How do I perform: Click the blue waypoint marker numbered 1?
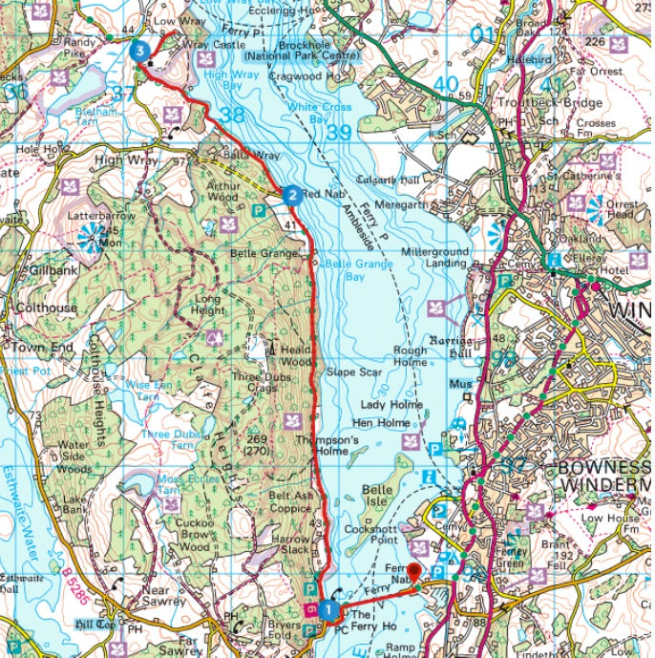(x=327, y=607)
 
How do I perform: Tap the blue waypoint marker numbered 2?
(x=290, y=195)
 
